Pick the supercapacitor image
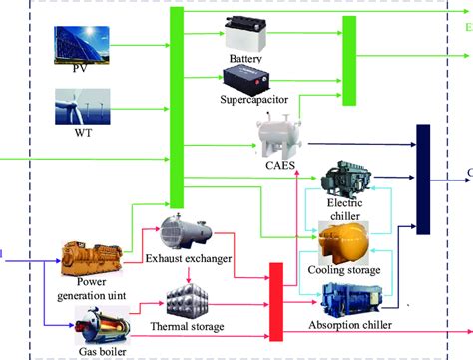(x=253, y=78)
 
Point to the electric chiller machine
(x=349, y=180)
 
